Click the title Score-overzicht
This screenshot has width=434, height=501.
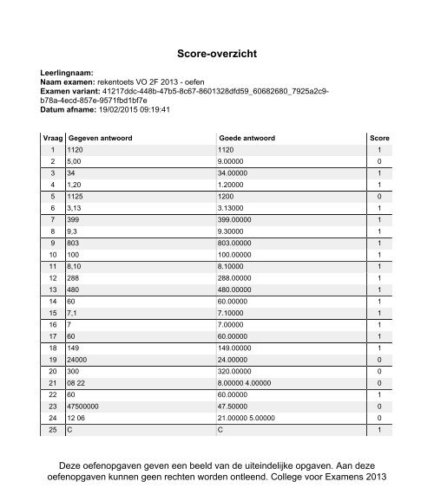[217, 53]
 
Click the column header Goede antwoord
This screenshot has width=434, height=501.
[247, 138]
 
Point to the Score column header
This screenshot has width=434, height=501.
[379, 138]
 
